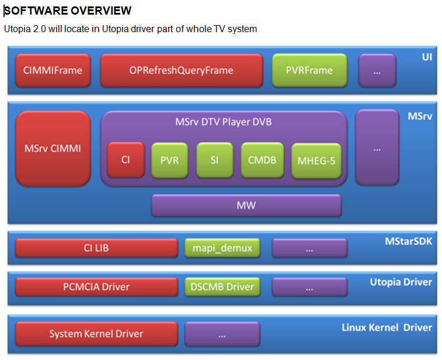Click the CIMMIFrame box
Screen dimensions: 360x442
point(53,70)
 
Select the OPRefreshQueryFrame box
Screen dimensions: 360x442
point(181,70)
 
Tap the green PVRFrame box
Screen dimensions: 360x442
point(309,70)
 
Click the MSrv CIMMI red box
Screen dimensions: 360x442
point(53,148)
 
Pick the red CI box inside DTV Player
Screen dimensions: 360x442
point(126,160)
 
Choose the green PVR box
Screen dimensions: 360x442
point(169,160)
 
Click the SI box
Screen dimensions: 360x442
point(214,160)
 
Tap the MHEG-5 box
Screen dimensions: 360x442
point(315,160)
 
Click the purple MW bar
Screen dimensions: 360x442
point(246,205)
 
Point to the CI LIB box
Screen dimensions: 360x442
point(96,248)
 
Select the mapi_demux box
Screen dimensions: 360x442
point(222,248)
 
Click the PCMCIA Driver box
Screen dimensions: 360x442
point(96,286)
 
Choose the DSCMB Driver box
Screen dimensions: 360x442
point(222,286)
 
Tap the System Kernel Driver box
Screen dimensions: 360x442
point(96,334)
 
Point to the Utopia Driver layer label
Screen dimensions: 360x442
point(401,282)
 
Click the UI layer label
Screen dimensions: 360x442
point(427,57)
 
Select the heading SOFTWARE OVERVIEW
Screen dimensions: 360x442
point(68,11)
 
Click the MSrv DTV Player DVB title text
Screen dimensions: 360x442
point(224,122)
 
